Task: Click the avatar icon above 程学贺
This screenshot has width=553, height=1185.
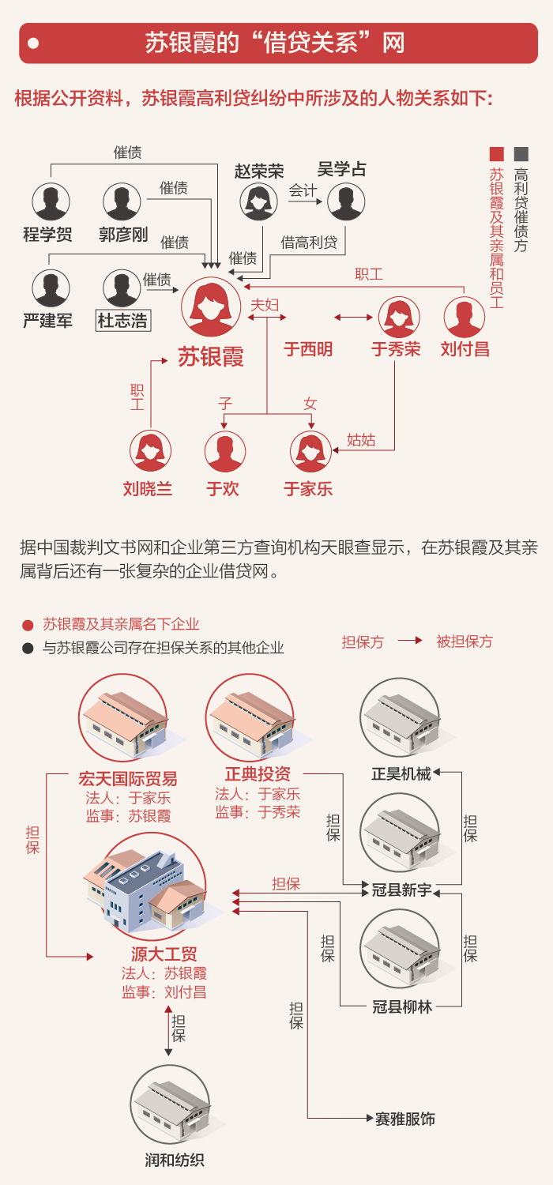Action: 51,201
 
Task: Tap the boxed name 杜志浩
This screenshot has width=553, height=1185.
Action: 122,321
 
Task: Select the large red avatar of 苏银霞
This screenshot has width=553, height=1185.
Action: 211,307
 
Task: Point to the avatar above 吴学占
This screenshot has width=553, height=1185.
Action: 345,202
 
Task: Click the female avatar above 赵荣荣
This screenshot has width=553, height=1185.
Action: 258,202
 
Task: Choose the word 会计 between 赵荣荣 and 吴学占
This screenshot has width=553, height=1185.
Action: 303,190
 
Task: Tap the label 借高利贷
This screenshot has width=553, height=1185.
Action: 309,242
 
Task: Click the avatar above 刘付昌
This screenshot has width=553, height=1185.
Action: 465,317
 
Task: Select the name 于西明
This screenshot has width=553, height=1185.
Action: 308,349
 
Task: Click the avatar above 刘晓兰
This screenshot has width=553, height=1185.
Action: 150,451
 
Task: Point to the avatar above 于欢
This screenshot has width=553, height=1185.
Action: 224,451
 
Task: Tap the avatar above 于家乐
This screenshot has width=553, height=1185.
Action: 310,451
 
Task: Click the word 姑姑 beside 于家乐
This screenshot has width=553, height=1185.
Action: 361,440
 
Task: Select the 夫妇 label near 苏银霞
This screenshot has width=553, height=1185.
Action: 265,305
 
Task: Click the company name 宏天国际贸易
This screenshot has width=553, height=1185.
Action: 128,777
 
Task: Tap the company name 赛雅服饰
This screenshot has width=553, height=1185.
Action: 405,1119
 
